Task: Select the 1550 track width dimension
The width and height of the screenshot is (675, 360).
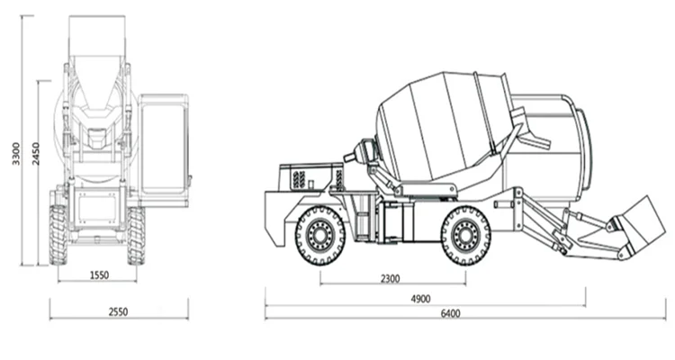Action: pyautogui.click(x=99, y=275)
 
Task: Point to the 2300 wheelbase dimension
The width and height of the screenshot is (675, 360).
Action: pyautogui.click(x=390, y=279)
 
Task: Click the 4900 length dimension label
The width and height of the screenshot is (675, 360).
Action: pyautogui.click(x=423, y=298)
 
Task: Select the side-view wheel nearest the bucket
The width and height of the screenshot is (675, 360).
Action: pyautogui.click(x=465, y=236)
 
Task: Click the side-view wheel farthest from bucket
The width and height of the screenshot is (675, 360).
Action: pyautogui.click(x=320, y=236)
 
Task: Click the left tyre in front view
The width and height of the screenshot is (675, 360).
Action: pyautogui.click(x=58, y=235)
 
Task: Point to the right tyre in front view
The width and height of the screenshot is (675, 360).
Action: pyautogui.click(x=136, y=235)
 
